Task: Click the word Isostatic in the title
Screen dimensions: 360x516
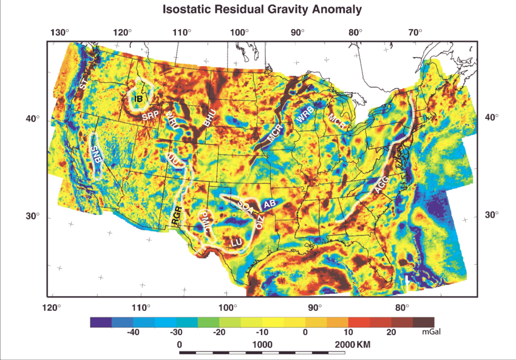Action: click(188, 10)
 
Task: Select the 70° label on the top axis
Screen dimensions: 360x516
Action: click(415, 32)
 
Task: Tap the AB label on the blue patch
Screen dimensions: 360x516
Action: click(270, 203)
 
